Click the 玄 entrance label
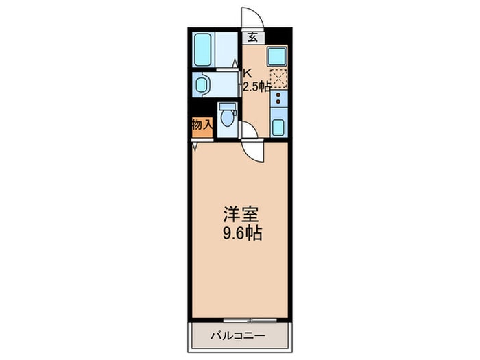[x=252, y=38]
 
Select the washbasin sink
[x=202, y=85]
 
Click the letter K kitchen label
[x=248, y=71]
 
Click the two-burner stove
[x=278, y=101]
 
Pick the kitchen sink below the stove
[x=278, y=127]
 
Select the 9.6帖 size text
[x=239, y=232]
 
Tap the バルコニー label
[x=237, y=337]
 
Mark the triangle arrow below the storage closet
[x=195, y=145]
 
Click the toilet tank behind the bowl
[x=226, y=107]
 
